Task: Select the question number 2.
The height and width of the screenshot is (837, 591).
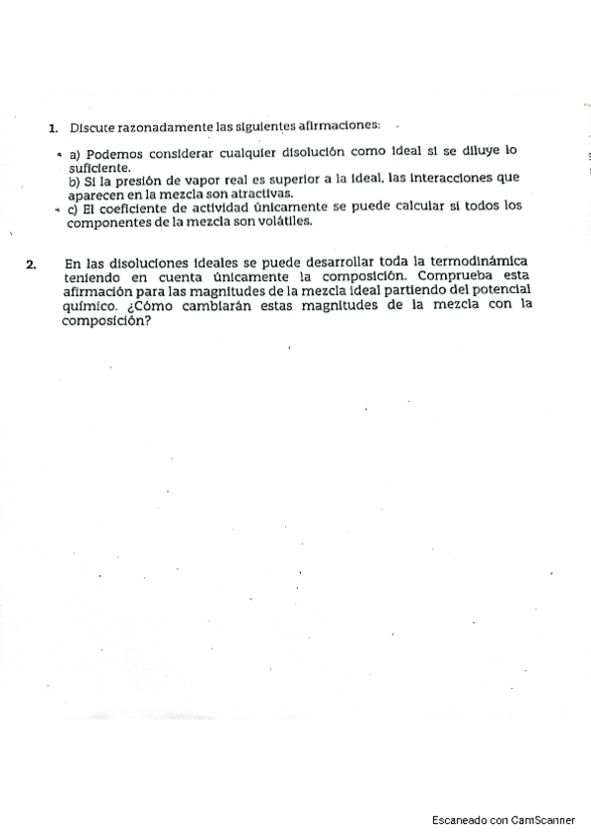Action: (32, 264)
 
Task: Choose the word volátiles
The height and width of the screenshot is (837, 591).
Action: (282, 221)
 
